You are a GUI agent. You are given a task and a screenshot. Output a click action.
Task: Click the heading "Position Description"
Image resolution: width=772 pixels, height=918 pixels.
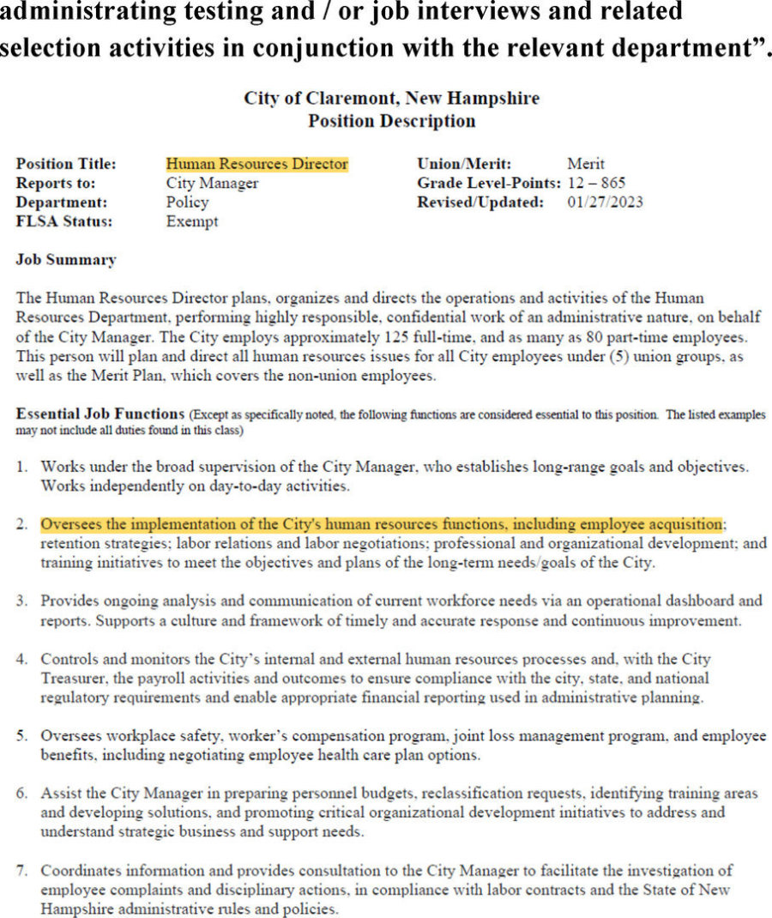point(391,121)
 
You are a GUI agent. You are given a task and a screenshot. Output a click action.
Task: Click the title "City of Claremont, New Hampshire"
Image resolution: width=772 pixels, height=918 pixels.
point(391,98)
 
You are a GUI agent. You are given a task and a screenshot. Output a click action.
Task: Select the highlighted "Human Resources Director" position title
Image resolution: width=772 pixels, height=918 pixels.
point(256,164)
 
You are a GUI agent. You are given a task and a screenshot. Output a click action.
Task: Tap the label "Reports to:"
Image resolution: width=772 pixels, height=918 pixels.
point(56,184)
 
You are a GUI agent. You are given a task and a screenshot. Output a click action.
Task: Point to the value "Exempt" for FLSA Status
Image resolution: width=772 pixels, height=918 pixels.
point(192,222)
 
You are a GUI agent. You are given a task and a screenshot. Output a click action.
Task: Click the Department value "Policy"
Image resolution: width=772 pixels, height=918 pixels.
point(187,202)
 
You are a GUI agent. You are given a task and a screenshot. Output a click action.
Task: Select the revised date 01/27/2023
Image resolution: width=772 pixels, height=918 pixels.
point(605,202)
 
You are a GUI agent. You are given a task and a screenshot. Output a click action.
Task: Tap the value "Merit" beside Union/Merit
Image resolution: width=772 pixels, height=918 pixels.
point(586,164)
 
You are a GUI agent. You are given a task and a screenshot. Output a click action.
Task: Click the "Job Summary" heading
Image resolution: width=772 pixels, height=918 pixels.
point(66,260)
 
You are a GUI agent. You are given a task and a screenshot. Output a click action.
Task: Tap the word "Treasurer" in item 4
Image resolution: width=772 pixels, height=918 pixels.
point(75,679)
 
